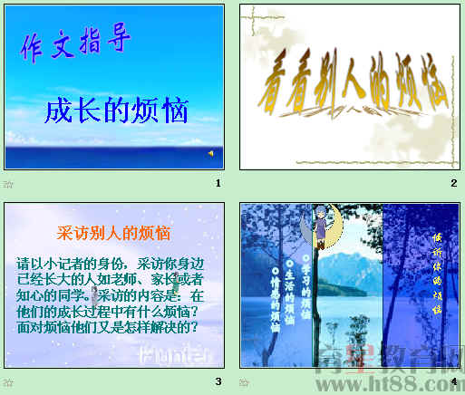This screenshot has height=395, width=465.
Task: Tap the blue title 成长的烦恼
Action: pyautogui.click(x=117, y=111)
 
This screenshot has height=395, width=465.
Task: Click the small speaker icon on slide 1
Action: pyautogui.click(x=210, y=153)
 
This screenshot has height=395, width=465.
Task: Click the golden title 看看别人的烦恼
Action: pyautogui.click(x=354, y=92)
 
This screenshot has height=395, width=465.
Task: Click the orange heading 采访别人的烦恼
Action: pyautogui.click(x=113, y=232)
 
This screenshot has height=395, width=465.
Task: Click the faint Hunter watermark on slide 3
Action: pyautogui.click(x=176, y=352)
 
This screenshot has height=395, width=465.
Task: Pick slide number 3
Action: pyautogui.click(x=218, y=381)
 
